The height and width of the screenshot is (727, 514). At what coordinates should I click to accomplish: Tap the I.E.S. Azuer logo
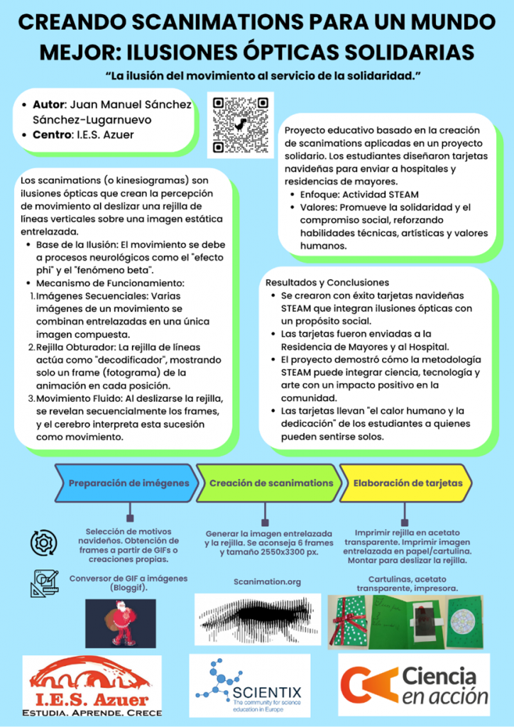pyautogui.click(x=92, y=687)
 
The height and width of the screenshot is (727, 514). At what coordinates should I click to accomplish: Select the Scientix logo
pyautogui.click(x=249, y=686)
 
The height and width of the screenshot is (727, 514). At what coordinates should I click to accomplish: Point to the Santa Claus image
pyautogui.click(x=120, y=622)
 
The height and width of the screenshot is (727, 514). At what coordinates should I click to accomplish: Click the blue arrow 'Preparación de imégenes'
pyautogui.click(x=128, y=483)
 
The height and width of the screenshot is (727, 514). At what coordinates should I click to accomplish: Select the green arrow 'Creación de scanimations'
pyautogui.click(x=270, y=483)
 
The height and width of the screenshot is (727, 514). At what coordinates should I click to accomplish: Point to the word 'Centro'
pyautogui.click(x=51, y=134)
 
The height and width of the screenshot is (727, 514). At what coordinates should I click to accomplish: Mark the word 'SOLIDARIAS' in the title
pyautogui.click(x=395, y=52)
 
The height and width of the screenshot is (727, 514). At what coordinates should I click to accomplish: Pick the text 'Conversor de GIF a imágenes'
pyautogui.click(x=128, y=579)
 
